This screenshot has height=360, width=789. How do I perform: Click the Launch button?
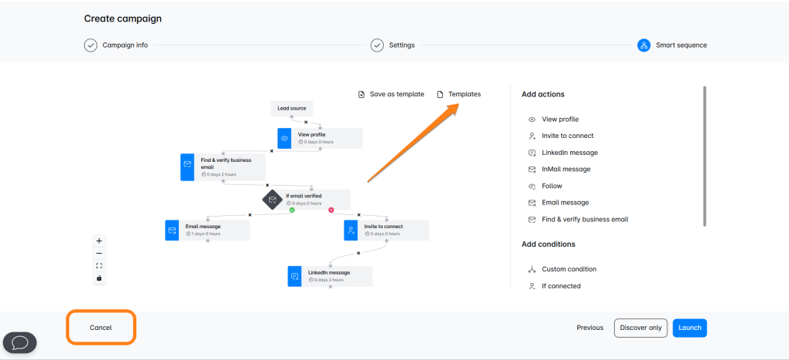pyautogui.click(x=690, y=328)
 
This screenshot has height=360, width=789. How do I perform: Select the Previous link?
pyautogui.click(x=589, y=328)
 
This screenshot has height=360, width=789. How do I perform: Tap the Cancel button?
pyautogui.click(x=101, y=328)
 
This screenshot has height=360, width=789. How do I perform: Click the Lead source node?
pyautogui.click(x=292, y=108)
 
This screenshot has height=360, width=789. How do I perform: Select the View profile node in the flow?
pyautogui.click(x=320, y=139)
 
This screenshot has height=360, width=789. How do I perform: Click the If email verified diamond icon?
pyautogui.click(x=272, y=200)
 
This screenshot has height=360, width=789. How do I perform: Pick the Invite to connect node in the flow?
pyautogui.click(x=387, y=230)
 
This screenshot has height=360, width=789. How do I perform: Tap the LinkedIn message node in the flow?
pyautogui.click(x=330, y=277)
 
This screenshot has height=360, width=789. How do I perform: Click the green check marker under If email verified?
pyautogui.click(x=292, y=210)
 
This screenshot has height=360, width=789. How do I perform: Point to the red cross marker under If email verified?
pyautogui.click(x=331, y=210)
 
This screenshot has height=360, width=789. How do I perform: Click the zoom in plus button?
pyautogui.click(x=99, y=241)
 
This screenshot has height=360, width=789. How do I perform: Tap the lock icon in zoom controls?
pyautogui.click(x=99, y=278)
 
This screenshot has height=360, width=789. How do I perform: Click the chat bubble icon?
pyautogui.click(x=20, y=343)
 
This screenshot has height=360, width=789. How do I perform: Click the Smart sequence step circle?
pyautogui.click(x=643, y=45)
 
